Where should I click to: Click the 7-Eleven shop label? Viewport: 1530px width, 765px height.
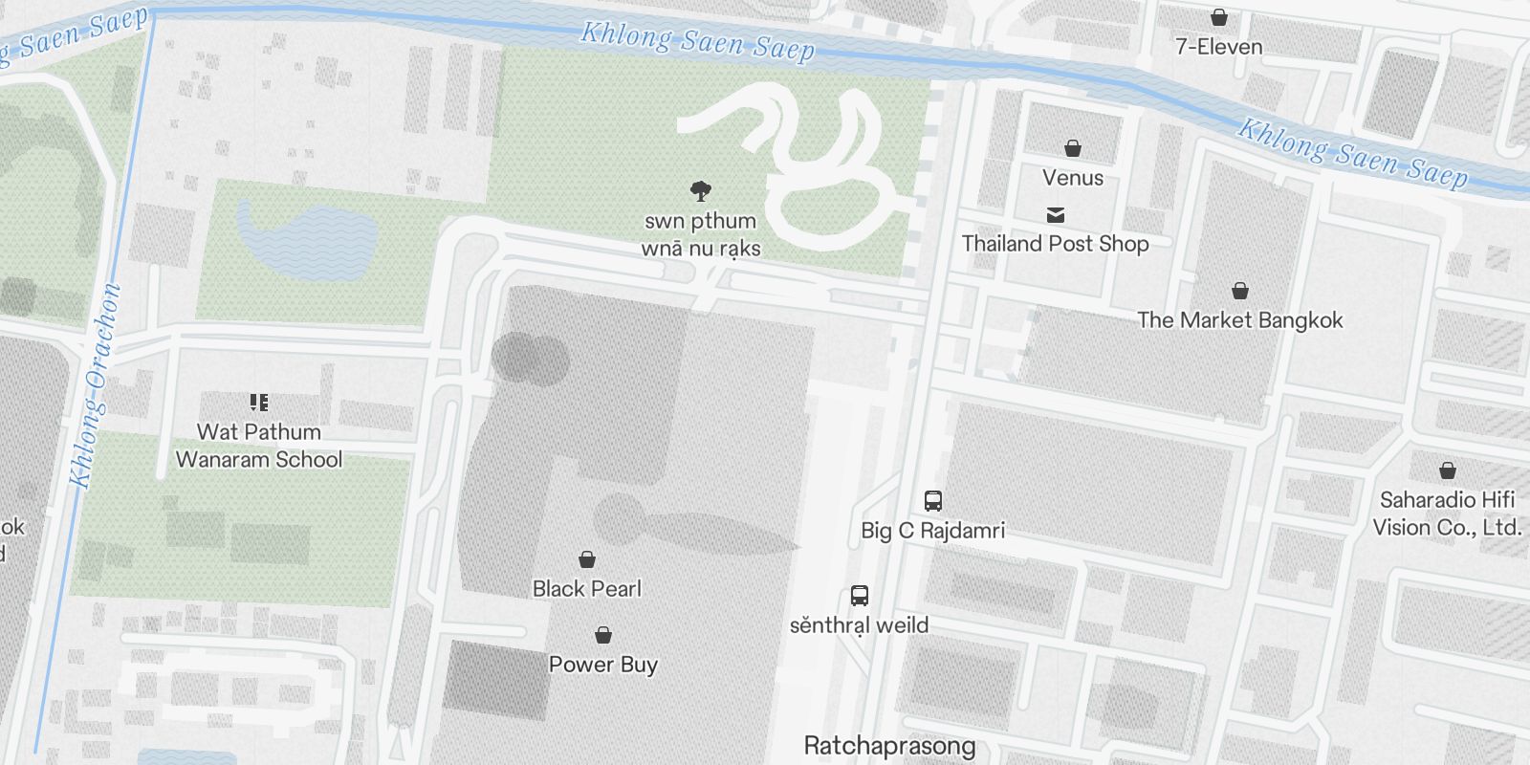click(1218, 47)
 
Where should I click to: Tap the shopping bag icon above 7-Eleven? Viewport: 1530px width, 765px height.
click(1219, 17)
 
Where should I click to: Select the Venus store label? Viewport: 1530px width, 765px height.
click(1073, 178)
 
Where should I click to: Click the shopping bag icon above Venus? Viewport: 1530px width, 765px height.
click(1073, 148)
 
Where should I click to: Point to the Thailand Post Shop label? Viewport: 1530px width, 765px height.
click(1055, 244)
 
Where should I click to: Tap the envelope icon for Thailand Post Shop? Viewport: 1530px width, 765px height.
click(1056, 215)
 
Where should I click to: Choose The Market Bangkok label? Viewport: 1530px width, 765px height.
click(1239, 320)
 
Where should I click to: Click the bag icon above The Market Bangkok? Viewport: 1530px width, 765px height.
click(1240, 291)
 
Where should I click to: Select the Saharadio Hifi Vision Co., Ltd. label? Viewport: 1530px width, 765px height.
click(1447, 514)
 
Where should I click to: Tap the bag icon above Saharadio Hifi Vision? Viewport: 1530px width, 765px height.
click(1448, 470)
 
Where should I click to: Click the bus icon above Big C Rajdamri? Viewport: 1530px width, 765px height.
click(933, 500)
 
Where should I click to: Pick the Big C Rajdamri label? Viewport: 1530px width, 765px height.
click(932, 530)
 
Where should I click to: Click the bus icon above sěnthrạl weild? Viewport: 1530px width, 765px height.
click(860, 596)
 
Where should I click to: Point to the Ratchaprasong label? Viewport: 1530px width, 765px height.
click(889, 746)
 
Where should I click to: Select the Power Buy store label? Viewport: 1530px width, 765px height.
click(602, 665)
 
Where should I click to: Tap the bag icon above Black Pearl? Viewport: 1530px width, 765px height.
click(587, 559)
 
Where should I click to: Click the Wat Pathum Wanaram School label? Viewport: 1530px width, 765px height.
click(258, 446)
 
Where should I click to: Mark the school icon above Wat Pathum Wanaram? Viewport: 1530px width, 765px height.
click(259, 403)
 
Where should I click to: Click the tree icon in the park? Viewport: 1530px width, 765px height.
click(701, 191)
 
